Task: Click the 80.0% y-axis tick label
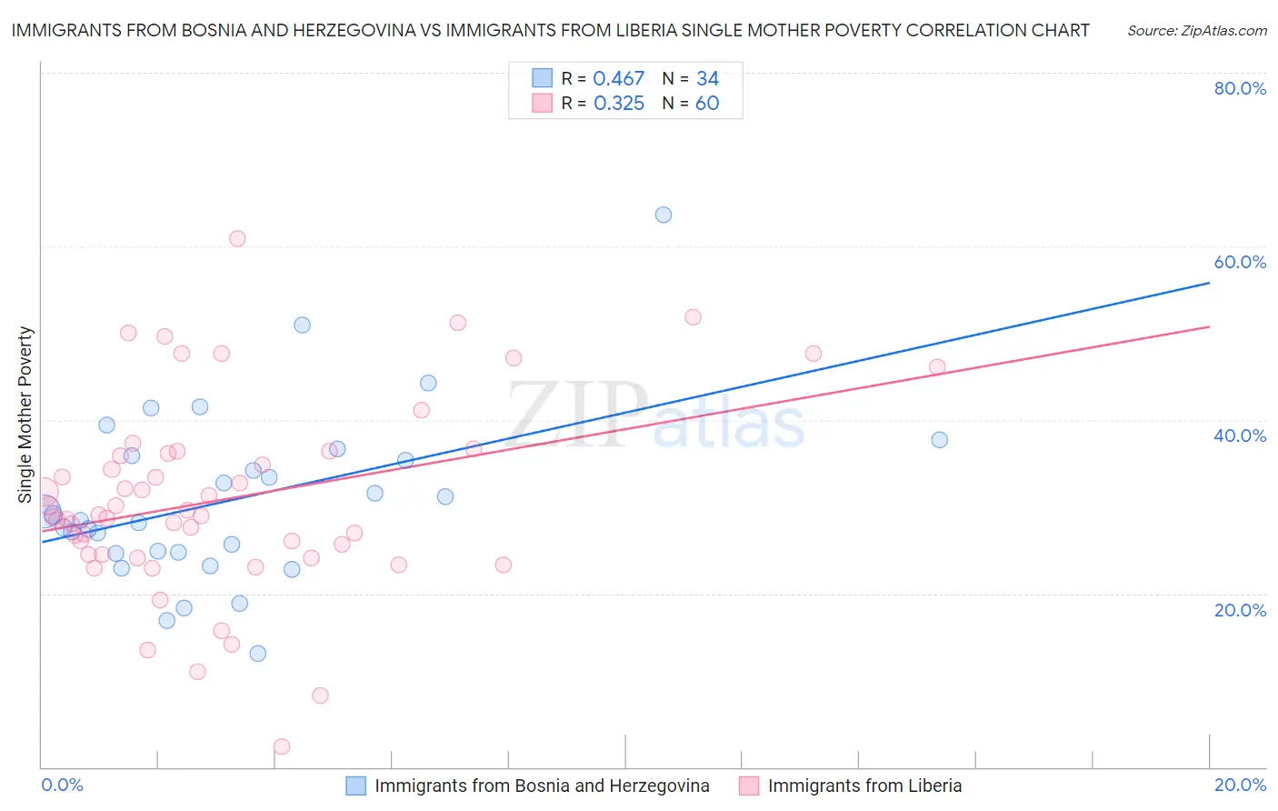tap(1240, 88)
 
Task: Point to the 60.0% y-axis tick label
tap(1240, 262)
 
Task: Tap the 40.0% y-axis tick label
tap(1240, 436)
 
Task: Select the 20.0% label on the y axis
tap(1240, 610)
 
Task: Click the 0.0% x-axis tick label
tap(63, 785)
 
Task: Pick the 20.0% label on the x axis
tap(1240, 785)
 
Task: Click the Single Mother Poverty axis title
tap(25, 415)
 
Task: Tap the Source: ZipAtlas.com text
tap(1196, 31)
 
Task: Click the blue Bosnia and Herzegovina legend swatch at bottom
tap(356, 786)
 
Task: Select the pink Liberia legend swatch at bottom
tap(749, 786)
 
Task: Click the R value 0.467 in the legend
tap(618, 79)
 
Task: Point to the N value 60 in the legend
tap(707, 104)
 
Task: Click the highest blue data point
tap(664, 215)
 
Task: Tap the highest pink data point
tap(237, 239)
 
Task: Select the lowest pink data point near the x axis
tap(282, 746)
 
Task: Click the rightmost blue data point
tap(940, 440)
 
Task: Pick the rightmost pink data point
tap(937, 367)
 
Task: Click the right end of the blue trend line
tap(1209, 283)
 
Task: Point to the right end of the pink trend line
tap(1209, 326)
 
